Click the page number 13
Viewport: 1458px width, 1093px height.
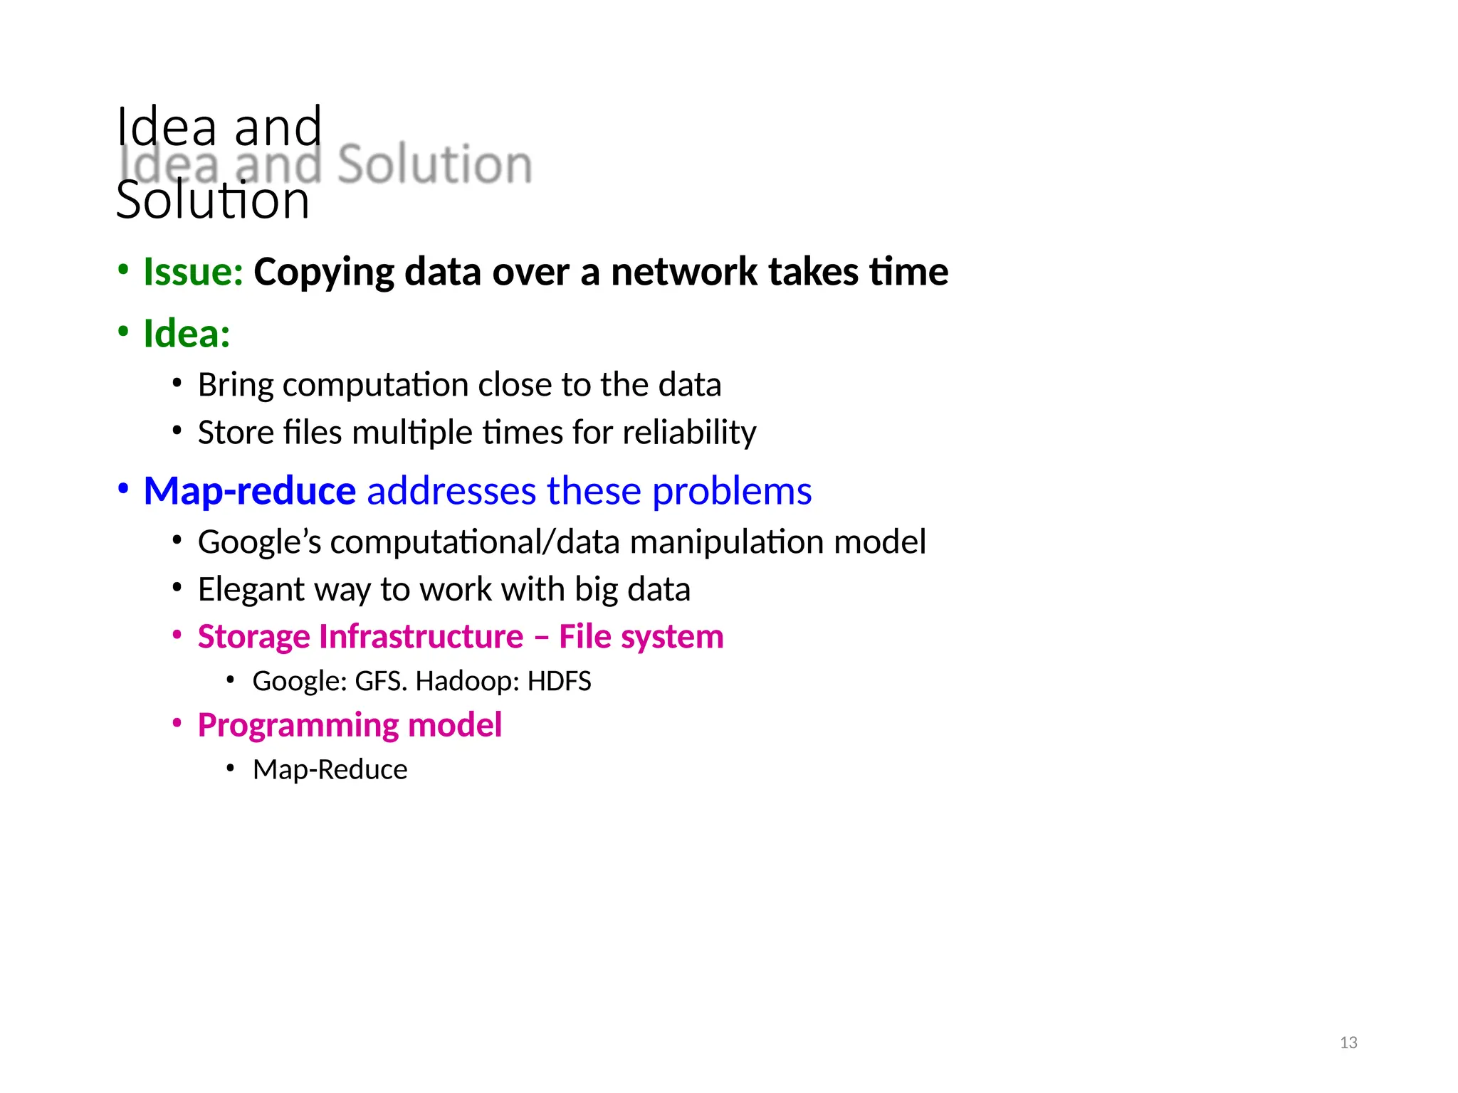1348,1042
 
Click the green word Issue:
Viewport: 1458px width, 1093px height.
193,272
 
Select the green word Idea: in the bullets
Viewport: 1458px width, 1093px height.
187,334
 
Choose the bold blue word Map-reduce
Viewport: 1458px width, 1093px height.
249,491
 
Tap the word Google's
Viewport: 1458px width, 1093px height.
259,542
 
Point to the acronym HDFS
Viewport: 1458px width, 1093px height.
559,682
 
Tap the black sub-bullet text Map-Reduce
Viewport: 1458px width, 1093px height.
330,769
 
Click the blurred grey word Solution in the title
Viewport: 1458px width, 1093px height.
434,164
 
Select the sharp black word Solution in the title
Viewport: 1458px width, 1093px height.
213,200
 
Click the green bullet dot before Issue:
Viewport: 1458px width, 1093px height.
123,270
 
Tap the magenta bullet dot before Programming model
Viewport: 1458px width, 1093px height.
177,723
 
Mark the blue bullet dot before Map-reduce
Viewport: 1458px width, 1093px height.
123,489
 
